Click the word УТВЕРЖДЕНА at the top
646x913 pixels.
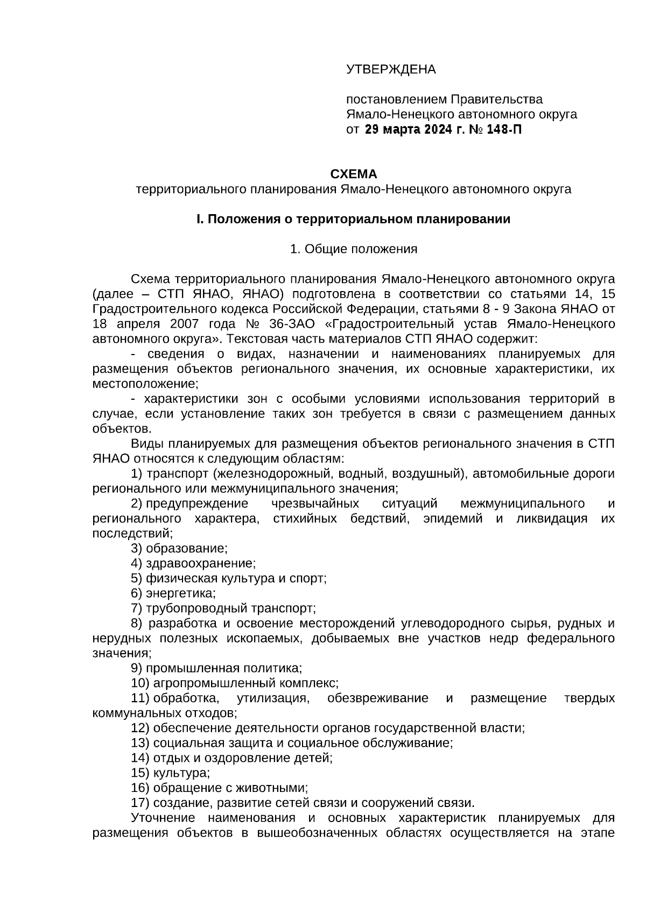click(x=390, y=69)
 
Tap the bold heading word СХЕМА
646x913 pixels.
click(x=353, y=174)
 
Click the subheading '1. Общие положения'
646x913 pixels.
click(x=353, y=249)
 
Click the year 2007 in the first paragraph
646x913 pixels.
click(x=186, y=324)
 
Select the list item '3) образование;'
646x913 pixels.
click(x=179, y=549)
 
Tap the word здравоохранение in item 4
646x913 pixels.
click(x=200, y=564)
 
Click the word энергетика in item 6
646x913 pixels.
click(x=180, y=593)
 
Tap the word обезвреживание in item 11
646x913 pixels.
click(x=377, y=698)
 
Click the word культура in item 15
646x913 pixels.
click(x=181, y=773)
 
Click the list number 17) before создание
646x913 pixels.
click(x=140, y=803)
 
